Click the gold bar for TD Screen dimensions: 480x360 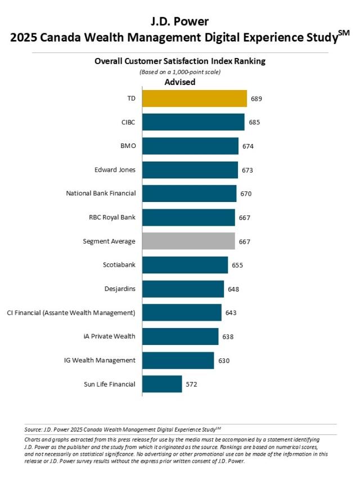tap(194, 98)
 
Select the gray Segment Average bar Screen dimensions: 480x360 tap(188, 241)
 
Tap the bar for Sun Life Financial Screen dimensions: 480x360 tap(162, 384)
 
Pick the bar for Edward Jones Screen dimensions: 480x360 tap(190, 170)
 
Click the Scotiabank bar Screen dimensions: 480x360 tap(185, 265)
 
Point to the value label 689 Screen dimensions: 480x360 tap(256, 98)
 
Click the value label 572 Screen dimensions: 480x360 tap(191, 384)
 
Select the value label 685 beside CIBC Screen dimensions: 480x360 tap(254, 122)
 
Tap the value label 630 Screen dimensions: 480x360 tap(223, 361)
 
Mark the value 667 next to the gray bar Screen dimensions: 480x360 tap(244, 241)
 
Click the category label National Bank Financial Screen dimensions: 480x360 tap(101, 194)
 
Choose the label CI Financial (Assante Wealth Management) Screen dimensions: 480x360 tap(71, 312)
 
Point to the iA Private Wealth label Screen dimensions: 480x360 tap(109, 337)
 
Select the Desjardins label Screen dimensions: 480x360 tap(120, 289)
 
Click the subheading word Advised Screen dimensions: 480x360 tap(179, 82)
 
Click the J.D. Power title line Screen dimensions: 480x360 tap(179, 22)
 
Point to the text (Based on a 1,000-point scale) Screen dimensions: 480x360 tap(179, 71)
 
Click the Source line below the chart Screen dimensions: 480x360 tap(127, 429)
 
